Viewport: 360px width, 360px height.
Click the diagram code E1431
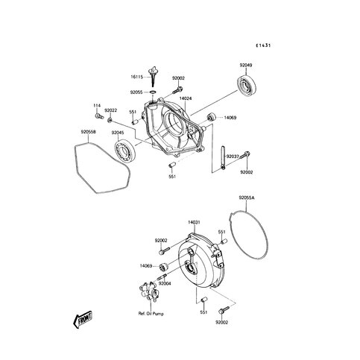point(263,45)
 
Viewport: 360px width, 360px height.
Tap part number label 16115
point(136,77)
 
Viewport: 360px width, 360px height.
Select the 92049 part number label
point(246,66)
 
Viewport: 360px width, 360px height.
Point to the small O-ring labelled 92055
point(154,92)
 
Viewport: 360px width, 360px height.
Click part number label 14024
point(186,98)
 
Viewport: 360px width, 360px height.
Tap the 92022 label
point(110,110)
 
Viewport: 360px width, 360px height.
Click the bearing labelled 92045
point(125,150)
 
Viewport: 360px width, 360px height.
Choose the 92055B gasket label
point(88,132)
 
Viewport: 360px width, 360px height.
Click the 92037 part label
point(233,157)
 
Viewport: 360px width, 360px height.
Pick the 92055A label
point(247,198)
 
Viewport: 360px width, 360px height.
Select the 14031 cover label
point(194,222)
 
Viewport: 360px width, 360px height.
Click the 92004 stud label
point(165,283)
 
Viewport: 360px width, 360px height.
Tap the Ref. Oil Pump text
point(151,314)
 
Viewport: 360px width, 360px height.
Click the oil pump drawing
point(148,291)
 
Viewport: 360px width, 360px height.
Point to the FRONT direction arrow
point(83,319)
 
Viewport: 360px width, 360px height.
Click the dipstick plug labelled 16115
point(152,76)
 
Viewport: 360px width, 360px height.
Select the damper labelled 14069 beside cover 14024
point(212,116)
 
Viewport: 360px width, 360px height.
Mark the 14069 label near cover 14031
point(146,266)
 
